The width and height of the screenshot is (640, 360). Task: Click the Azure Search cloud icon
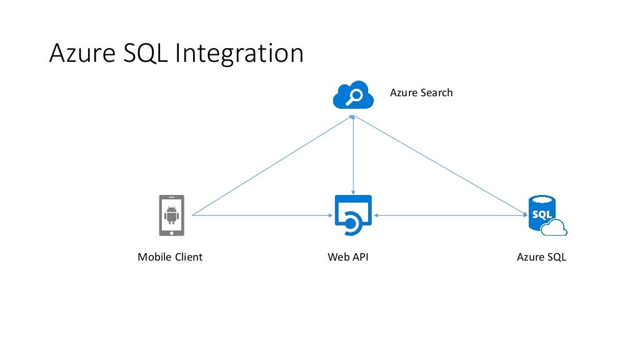[x=353, y=95]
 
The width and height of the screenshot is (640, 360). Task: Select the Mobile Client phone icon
[x=172, y=216]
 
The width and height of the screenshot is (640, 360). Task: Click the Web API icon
[x=353, y=216]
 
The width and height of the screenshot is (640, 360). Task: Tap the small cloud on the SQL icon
[x=554, y=229]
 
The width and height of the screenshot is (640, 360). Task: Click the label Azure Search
[x=421, y=92]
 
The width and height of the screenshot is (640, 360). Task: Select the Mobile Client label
[x=170, y=257]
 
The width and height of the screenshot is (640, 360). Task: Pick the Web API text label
[x=348, y=257]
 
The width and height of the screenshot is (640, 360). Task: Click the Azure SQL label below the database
[x=541, y=257]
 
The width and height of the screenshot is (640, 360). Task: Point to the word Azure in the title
[x=78, y=54]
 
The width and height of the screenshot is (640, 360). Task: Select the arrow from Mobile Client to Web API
[x=262, y=216]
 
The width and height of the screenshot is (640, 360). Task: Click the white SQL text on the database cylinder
[x=541, y=214]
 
